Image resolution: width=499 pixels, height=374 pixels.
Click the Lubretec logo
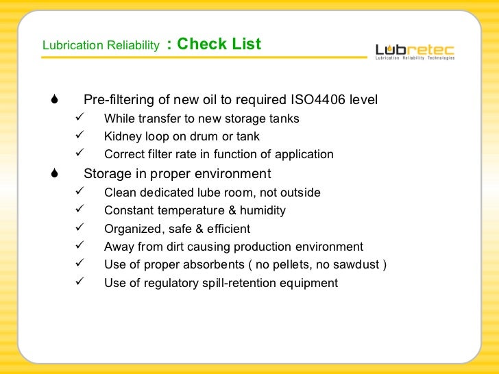pos(415,51)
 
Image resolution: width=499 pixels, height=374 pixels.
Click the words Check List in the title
pos(219,45)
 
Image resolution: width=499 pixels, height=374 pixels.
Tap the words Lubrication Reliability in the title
pos(101,46)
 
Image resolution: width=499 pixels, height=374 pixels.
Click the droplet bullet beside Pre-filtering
pos(54,101)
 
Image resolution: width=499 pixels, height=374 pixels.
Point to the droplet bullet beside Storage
pos(54,174)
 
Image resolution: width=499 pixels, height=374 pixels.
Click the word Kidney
pos(122,136)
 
